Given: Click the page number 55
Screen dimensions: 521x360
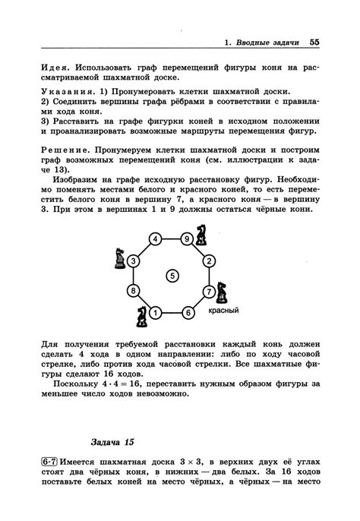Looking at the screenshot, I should (314, 42).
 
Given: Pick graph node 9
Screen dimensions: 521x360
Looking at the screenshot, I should (187, 239).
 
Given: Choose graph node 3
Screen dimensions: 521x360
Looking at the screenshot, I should (134, 261).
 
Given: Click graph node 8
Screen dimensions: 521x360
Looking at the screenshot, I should (134, 291).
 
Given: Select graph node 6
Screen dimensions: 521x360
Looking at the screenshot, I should (187, 311).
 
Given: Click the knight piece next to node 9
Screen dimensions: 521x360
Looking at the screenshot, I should (201, 234).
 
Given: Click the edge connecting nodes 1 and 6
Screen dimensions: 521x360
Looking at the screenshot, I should (171, 311).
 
